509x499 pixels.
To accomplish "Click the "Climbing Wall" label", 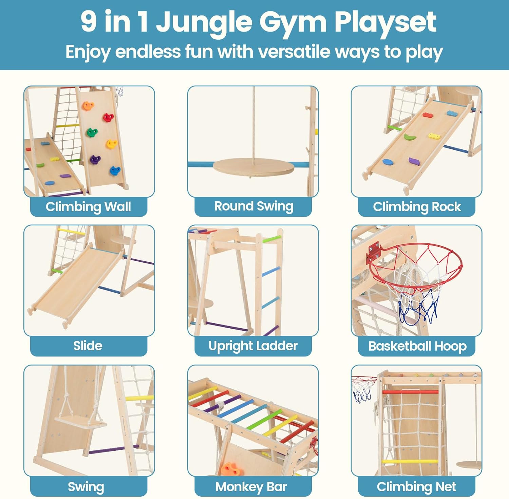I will click(x=88, y=207).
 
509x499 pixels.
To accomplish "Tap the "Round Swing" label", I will click(x=253, y=206).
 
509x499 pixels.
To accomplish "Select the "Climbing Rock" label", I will click(x=417, y=207).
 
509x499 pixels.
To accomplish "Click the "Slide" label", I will click(x=88, y=346).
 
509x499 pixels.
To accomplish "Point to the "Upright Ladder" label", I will click(x=253, y=346).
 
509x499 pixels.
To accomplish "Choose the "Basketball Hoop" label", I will click(x=417, y=346).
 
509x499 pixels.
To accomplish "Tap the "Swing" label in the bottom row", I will click(x=86, y=487).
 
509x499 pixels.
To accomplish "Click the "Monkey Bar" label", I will click(x=251, y=487).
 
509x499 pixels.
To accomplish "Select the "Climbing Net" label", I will click(x=416, y=487).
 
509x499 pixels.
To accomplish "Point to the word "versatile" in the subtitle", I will click(x=294, y=52).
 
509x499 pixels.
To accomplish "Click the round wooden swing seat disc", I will click(x=253, y=167).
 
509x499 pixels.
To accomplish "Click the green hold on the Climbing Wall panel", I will click(x=92, y=132).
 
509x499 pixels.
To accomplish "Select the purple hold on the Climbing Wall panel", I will click(x=95, y=159).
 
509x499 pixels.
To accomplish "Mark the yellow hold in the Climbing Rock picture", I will click(x=434, y=136).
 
